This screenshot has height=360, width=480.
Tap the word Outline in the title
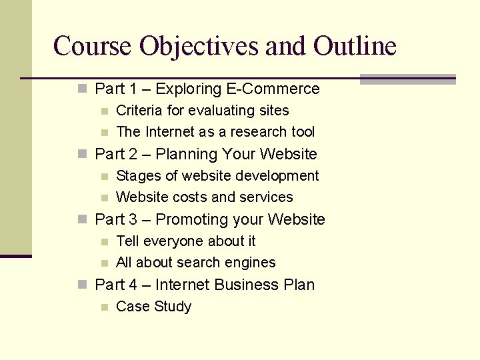point(355,46)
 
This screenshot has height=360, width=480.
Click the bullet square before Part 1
point(82,88)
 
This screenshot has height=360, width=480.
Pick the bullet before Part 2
point(82,153)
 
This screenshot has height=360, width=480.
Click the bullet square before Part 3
point(82,219)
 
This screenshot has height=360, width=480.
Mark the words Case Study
point(153,306)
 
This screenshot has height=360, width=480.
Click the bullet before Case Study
point(103,307)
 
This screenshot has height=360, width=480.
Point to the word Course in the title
point(93,46)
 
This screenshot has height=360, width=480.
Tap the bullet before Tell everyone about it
point(103,241)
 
